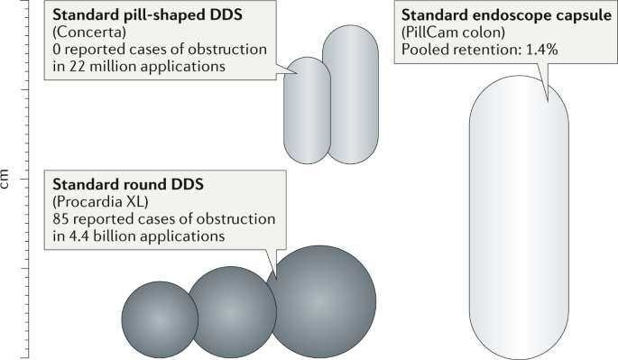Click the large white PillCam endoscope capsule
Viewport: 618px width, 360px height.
519,217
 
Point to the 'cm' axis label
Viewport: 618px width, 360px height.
8,180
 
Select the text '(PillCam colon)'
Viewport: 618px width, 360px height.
448,33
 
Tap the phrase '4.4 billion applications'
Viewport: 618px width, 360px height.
148,235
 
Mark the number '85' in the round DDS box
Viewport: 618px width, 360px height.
61,218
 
